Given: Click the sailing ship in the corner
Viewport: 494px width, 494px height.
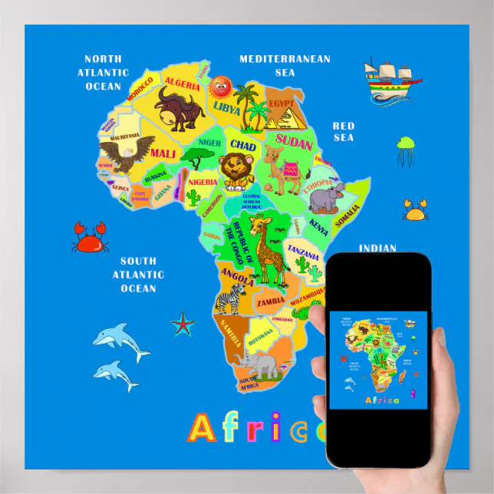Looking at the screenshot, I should pyautogui.click(x=391, y=80).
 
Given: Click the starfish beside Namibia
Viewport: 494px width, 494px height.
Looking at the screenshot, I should pyautogui.click(x=183, y=324).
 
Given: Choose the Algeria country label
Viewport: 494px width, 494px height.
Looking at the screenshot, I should pyautogui.click(x=181, y=82).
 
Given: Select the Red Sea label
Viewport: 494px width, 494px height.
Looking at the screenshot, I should pyautogui.click(x=343, y=131).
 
